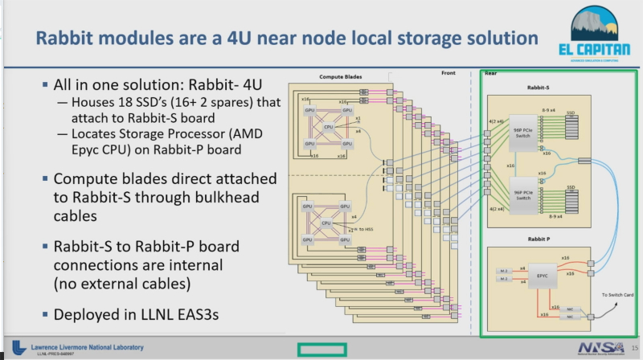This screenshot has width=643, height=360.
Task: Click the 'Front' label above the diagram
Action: [448, 73]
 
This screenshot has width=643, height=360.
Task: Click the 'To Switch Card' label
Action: [616, 296]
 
